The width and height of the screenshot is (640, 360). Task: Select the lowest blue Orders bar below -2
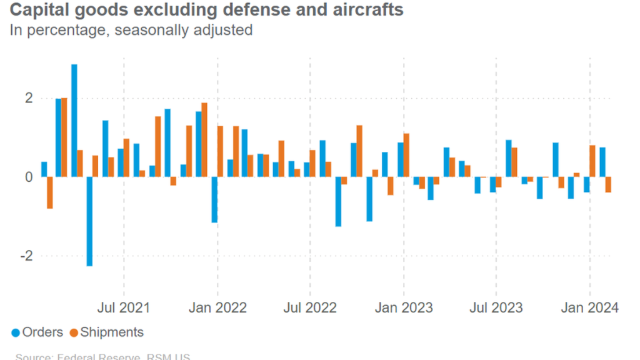[90, 221]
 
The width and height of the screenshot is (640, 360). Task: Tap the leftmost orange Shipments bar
[50, 192]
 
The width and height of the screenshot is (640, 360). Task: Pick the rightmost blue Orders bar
[602, 162]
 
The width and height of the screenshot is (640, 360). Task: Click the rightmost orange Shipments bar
[608, 184]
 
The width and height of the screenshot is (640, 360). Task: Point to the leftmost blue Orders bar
[44, 169]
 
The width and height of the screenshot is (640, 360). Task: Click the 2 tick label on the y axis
[29, 98]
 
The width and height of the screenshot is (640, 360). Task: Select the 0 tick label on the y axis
[29, 177]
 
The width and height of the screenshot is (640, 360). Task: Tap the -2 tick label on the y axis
[26, 256]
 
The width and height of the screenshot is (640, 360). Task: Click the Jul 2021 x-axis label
[124, 307]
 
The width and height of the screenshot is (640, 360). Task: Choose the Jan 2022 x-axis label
[217, 307]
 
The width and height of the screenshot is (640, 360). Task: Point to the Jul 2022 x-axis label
[311, 307]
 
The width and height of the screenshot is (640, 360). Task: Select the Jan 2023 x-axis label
[404, 307]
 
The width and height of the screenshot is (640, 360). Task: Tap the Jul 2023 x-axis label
[496, 307]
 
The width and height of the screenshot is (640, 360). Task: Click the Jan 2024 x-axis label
[589, 307]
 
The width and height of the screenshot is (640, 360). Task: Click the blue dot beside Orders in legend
[15, 332]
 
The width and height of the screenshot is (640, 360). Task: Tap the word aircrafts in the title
[368, 11]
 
